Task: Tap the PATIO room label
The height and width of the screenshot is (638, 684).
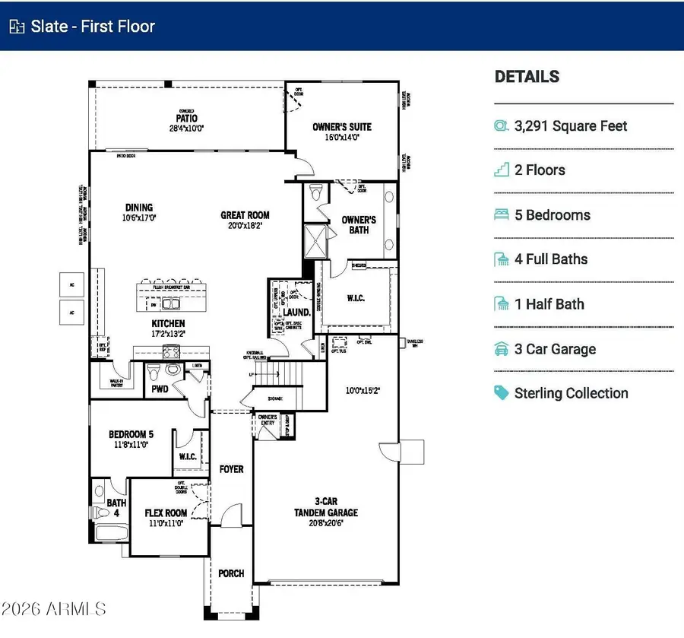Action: pos(187,119)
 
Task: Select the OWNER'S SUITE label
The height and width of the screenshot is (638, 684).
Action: pos(341,127)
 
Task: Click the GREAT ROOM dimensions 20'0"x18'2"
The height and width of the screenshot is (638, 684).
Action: pos(245,225)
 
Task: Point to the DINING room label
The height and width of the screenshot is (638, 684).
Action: pos(139,207)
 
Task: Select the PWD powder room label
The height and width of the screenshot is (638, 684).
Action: pos(160,389)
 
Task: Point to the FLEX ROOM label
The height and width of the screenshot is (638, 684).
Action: pos(166,513)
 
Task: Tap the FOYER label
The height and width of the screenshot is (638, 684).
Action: pos(231,469)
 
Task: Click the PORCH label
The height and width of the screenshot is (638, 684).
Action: pos(231,573)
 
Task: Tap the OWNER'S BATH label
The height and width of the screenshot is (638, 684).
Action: pos(359,224)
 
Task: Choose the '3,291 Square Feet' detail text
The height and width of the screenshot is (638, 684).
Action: pos(571,126)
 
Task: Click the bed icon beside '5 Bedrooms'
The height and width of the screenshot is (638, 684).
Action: pos(502,215)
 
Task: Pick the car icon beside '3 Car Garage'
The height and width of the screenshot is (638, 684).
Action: pos(502,350)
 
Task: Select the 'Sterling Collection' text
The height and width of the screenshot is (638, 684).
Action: pos(571,393)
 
